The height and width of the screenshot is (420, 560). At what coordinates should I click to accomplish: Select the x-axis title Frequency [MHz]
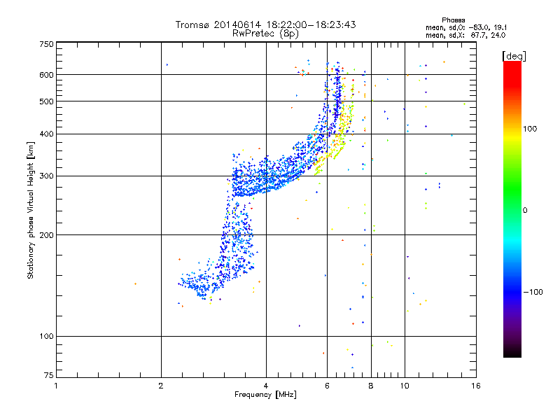(265, 395)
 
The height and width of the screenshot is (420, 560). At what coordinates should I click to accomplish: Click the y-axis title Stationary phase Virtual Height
(31, 209)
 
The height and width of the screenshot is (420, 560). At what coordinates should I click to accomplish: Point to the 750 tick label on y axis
(46, 44)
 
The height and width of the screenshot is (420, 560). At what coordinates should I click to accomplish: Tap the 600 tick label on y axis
(46, 75)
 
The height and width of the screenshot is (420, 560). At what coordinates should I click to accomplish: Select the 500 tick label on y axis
(46, 101)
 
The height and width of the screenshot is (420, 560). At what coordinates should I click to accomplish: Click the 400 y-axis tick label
(46, 134)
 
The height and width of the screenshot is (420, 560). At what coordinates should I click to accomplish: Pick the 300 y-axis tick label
(46, 176)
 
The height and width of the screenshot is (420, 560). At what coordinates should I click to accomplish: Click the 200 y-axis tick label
(46, 234)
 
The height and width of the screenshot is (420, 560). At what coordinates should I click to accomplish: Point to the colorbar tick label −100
(534, 292)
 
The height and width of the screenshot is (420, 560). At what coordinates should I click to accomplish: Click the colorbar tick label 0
(526, 210)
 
